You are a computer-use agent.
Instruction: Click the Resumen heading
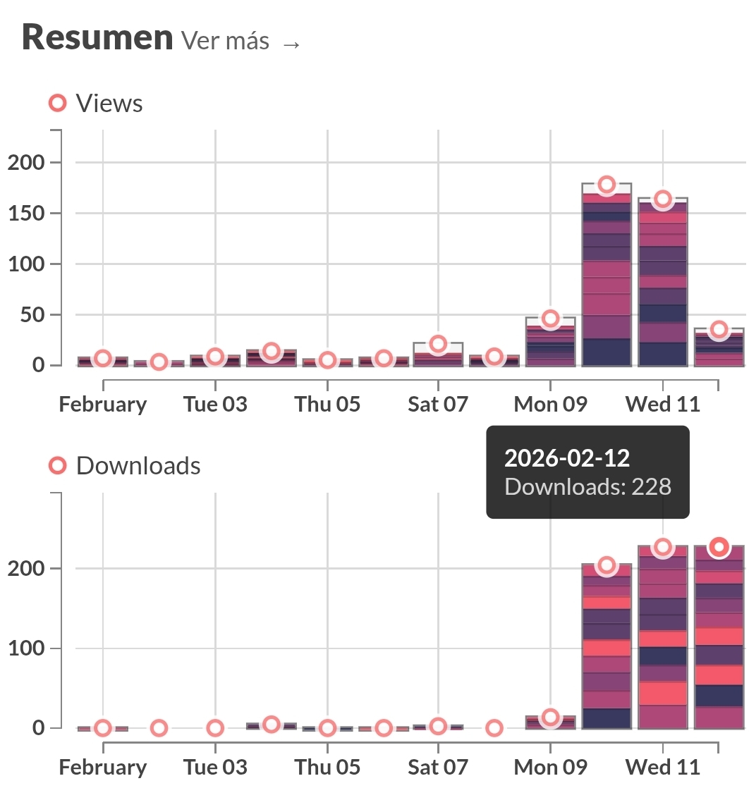pos(97,38)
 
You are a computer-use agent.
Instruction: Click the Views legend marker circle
pos(57,104)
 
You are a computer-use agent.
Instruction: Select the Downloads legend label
pos(138,466)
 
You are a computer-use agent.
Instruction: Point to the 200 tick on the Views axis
pos(27,163)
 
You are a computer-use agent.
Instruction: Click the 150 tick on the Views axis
pos(27,214)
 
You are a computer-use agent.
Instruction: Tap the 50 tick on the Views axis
pos(34,315)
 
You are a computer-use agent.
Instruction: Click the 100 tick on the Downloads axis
pos(27,648)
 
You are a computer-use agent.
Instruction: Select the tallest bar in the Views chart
pos(607,275)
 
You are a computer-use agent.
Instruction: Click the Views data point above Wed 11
pos(662,199)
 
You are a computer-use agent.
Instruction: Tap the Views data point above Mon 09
pos(551,319)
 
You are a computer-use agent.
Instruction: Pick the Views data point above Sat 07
pos(438,344)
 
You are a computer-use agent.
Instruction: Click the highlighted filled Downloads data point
pos(719,547)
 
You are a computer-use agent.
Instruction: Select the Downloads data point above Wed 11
pos(662,548)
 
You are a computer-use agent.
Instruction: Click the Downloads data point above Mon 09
pos(551,718)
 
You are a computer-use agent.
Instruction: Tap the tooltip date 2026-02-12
pos(567,458)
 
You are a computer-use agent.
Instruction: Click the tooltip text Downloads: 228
pos(588,487)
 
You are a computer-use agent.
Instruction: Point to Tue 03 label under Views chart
pos(215,405)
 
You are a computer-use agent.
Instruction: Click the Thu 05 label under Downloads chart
pos(327,768)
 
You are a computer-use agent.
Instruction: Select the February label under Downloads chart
pos(103,768)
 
